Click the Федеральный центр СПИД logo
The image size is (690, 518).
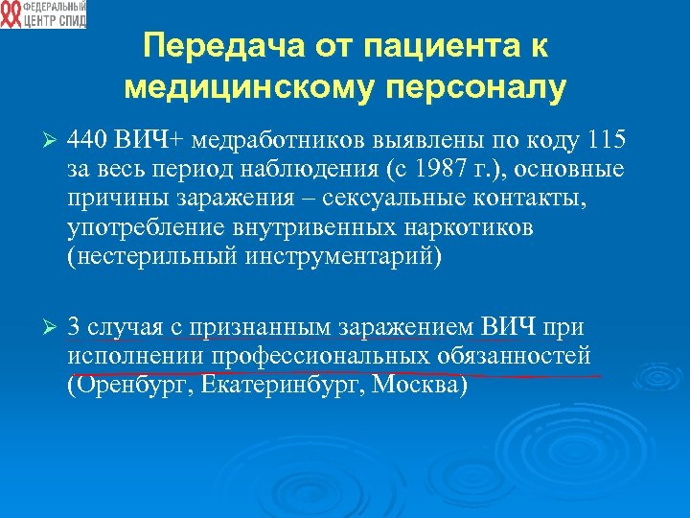tap(43, 14)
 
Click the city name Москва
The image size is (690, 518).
tap(418, 385)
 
